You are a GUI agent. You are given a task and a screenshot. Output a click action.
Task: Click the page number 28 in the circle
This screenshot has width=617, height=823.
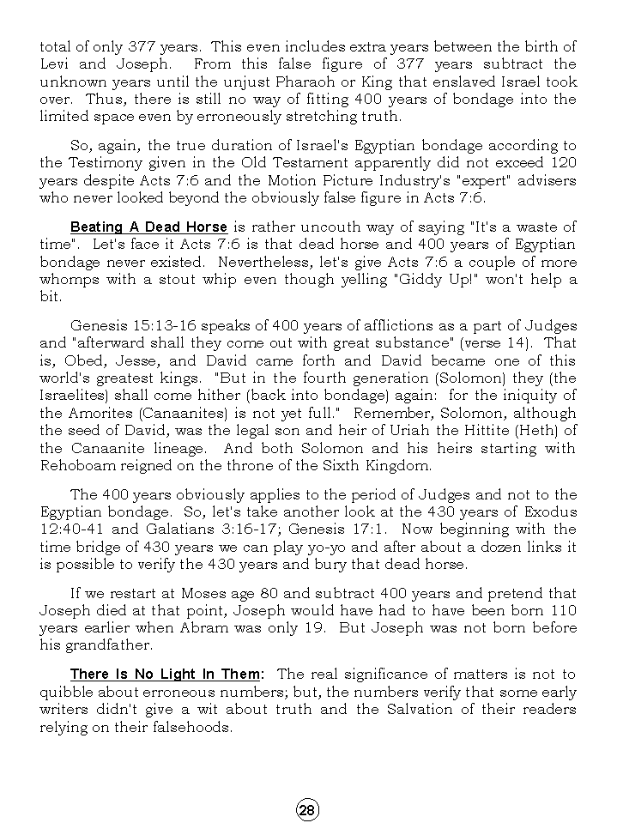(308, 809)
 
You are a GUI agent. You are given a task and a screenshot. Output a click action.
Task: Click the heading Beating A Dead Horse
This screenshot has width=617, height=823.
(148, 227)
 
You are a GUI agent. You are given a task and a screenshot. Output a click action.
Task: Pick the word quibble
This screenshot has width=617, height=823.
(65, 693)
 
